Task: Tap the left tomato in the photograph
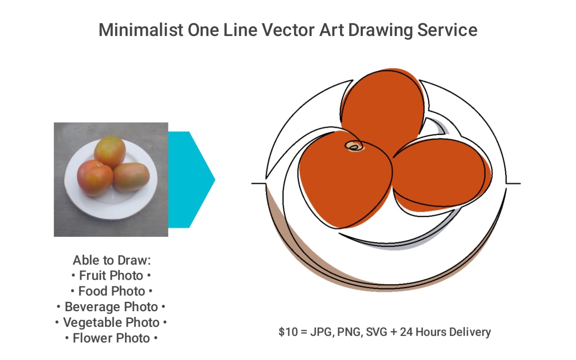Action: coord(94,178)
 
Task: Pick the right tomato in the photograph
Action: coord(131,177)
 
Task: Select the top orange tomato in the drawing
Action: coord(382,108)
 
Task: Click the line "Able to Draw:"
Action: coord(112,260)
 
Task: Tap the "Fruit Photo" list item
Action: coord(111,276)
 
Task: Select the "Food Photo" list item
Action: coord(111,291)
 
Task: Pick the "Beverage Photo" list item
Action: coord(111,307)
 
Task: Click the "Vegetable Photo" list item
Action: coord(111,322)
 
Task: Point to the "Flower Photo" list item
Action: coord(111,338)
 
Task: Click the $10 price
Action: coord(288,332)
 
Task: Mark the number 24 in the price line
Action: coord(406,332)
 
